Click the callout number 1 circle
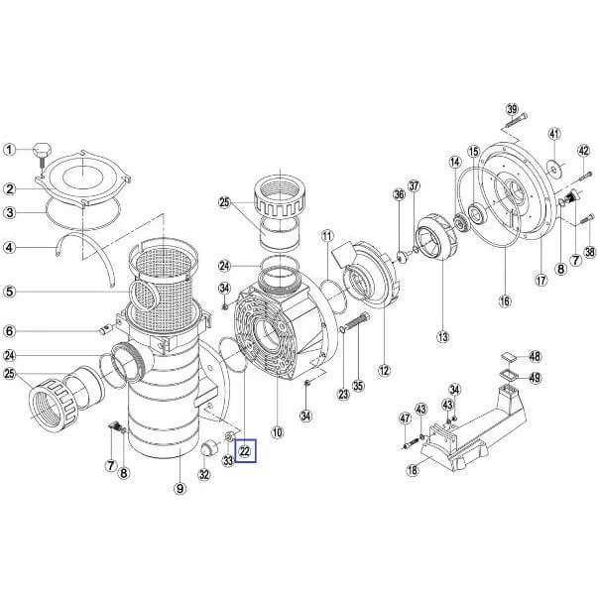(10, 150)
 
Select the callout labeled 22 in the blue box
(245, 451)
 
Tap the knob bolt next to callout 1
(41, 157)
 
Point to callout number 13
(443, 337)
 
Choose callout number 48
(536, 356)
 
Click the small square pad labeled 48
(508, 357)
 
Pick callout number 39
(512, 109)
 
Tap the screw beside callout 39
(516, 121)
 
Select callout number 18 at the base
(413, 470)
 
